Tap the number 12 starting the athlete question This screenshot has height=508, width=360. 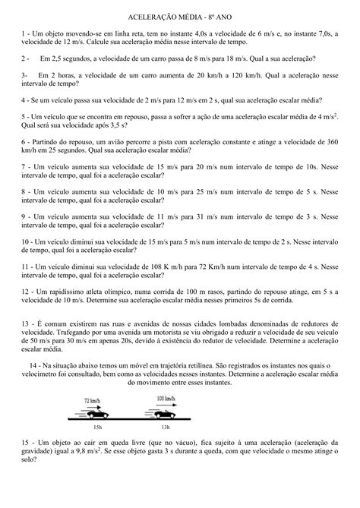(x=27, y=292)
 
